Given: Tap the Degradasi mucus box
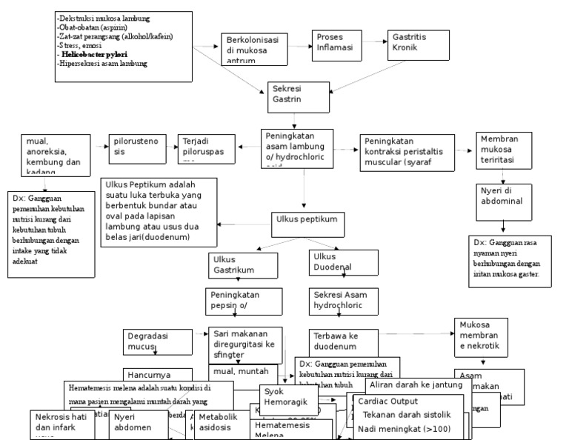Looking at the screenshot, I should tap(151, 341).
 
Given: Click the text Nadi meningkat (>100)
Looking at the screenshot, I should tap(402, 428).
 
